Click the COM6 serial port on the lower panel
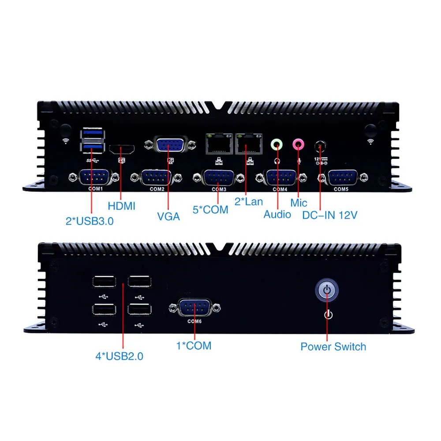[194, 308]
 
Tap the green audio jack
[277, 143]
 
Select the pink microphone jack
[299, 143]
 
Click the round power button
[326, 290]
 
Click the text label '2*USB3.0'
[90, 221]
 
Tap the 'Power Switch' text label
[333, 347]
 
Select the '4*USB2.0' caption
[119, 356]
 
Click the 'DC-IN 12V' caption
[329, 215]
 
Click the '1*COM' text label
[194, 346]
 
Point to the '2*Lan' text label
[248, 202]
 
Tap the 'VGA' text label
[168, 217]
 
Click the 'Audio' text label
[277, 214]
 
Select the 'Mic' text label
[299, 203]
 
